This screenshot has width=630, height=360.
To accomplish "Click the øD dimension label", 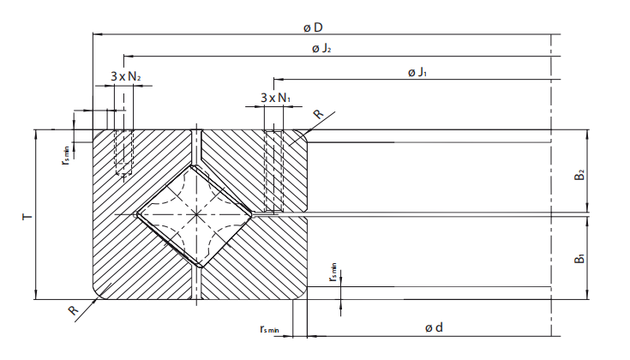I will [x=313, y=27].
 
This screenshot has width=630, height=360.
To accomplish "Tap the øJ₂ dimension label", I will [x=321, y=49].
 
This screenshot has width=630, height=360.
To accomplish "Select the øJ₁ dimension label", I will [x=417, y=72].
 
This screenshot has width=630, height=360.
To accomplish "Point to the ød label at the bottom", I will [x=434, y=327].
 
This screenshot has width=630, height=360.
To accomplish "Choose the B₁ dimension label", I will [x=580, y=256].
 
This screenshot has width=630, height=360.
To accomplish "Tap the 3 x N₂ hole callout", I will [x=126, y=76].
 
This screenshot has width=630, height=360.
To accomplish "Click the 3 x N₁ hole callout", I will [x=275, y=98].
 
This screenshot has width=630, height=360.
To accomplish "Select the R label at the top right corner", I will [x=317, y=115].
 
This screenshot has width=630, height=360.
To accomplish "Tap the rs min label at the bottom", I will [x=271, y=328].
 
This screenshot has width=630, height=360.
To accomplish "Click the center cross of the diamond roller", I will [x=195, y=213].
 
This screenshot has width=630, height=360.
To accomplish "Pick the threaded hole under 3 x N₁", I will [x=273, y=169].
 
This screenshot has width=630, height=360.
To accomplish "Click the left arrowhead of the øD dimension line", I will [x=96, y=34].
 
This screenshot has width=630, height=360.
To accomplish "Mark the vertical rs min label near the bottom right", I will [x=333, y=273].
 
